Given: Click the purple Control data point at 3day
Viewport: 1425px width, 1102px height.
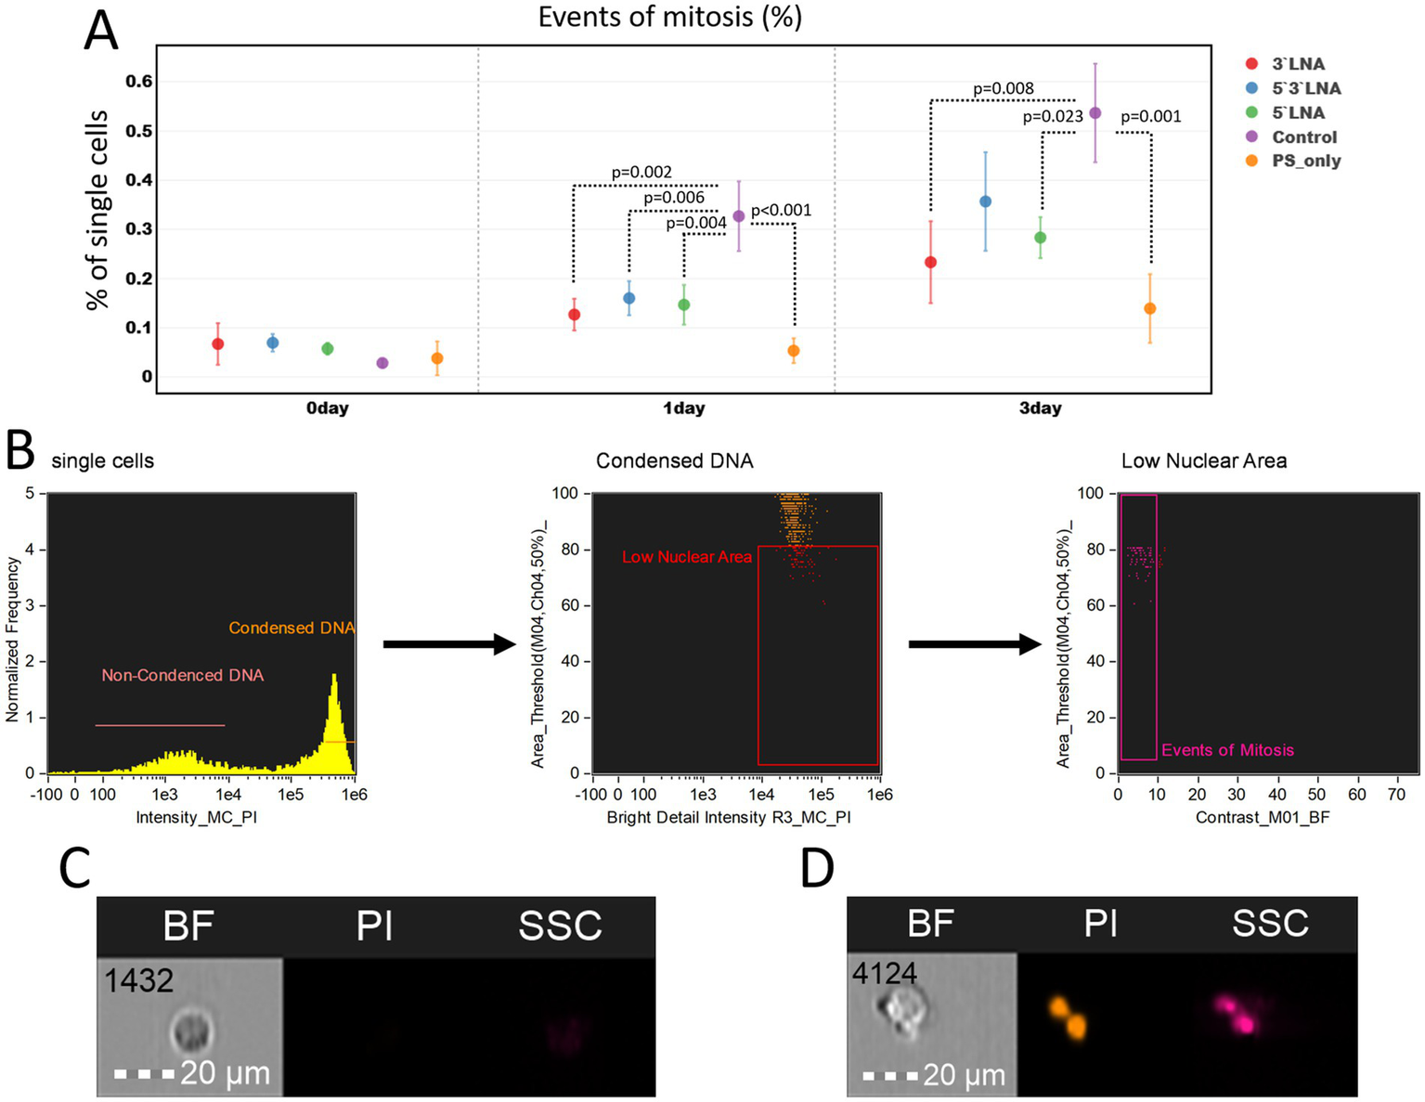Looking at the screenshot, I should point(1095,113).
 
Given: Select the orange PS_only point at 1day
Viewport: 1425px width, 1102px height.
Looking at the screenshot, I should point(794,351).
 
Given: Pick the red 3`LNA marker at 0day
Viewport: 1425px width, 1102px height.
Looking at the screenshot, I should point(218,344).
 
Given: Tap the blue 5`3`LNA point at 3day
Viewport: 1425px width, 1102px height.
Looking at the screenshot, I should point(985,201).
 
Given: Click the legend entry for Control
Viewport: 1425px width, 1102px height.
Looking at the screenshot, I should point(1303,136).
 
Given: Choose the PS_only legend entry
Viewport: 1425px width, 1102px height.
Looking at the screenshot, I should point(1305,161).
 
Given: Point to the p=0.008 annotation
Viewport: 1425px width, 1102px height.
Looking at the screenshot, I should point(1003,89).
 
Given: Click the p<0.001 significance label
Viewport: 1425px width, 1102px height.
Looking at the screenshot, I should point(781,211).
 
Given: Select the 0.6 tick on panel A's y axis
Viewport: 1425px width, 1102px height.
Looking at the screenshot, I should point(139,82).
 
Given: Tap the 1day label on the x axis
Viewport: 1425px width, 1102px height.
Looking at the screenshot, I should point(683,408).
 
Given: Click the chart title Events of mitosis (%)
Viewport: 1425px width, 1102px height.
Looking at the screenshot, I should point(669,17).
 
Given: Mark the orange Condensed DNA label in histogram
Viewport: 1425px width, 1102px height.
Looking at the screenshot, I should point(291,629).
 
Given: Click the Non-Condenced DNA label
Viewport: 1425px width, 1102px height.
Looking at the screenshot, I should point(183,676).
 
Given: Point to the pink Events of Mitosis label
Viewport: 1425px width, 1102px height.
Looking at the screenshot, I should point(1227,750).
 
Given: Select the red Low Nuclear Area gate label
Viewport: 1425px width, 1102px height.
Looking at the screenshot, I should point(686,557).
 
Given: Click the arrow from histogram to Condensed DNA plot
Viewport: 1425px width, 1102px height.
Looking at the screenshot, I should point(448,644).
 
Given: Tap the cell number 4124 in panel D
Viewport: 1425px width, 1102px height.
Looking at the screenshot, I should point(885,973).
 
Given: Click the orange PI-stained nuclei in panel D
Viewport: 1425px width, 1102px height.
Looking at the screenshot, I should point(1069,1018).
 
